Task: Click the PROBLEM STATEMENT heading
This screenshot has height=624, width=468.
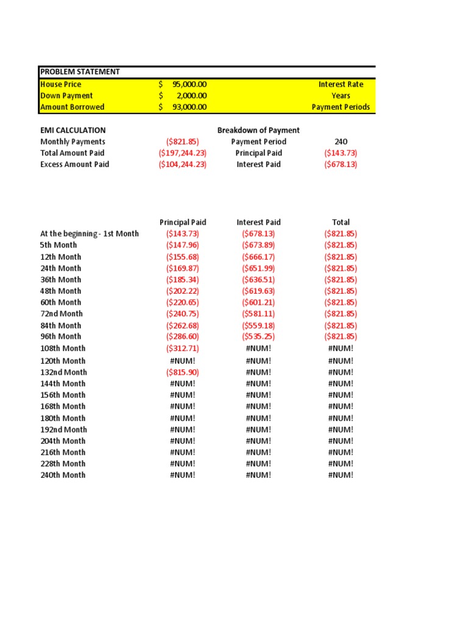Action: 80,72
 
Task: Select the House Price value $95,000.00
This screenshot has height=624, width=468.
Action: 183,84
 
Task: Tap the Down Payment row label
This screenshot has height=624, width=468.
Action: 66,96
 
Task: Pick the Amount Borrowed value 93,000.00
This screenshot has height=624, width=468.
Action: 191,107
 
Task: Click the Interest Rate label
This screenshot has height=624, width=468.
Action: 341,84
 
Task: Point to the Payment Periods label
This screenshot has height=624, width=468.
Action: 341,107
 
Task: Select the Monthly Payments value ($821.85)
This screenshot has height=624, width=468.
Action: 182,141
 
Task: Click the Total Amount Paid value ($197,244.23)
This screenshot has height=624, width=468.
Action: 182,153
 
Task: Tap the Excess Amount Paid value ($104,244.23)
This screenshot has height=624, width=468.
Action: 182,165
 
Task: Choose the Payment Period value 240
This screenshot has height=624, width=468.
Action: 341,141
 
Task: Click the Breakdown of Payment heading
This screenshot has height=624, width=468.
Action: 258,130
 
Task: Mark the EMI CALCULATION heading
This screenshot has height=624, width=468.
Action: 73,130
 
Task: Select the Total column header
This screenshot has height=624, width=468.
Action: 341,222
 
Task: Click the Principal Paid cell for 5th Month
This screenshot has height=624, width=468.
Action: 182,245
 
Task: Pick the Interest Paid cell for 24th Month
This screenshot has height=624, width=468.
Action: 258,268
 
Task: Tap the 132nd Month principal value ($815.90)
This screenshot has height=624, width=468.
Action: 182,372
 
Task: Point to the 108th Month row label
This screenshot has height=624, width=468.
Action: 63,349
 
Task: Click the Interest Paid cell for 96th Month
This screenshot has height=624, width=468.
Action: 258,336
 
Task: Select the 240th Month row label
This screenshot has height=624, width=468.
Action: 63,475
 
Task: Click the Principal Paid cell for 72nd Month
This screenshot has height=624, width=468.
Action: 182,314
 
